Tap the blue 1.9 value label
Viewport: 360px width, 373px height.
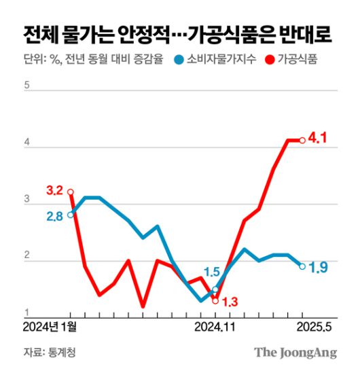(319, 268)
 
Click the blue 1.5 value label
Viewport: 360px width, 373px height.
(212, 273)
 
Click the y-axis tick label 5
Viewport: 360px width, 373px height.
(27, 86)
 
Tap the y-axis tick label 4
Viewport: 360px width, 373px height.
(27, 143)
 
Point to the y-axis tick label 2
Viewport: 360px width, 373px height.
(27, 257)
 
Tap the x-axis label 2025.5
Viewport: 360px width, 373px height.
(311, 328)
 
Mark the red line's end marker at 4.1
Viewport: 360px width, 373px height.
(302, 140)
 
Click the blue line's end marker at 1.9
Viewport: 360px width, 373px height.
(302, 266)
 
